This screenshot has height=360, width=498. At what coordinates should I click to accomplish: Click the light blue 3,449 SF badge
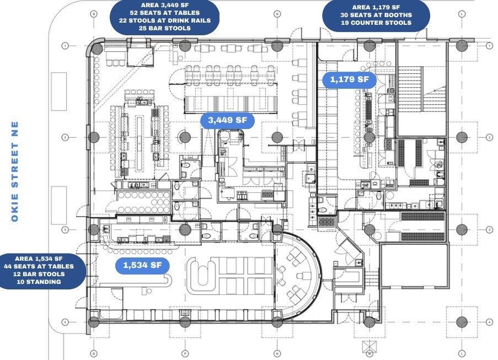[x=227, y=120]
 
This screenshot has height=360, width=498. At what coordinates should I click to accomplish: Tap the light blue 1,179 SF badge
[x=349, y=79]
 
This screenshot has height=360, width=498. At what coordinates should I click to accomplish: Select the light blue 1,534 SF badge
[x=142, y=265]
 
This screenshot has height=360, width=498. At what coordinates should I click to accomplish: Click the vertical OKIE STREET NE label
[x=15, y=171]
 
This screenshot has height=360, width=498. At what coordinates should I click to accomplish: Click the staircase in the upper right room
[x=422, y=88]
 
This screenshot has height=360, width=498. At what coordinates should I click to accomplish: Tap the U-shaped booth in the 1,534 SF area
[x=199, y=274]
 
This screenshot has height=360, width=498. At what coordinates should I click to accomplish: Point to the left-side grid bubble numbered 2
[x=65, y=137]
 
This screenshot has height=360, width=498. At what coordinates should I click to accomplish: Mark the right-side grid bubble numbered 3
[x=489, y=229]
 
